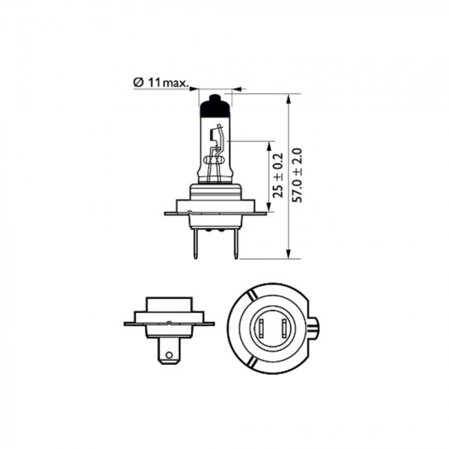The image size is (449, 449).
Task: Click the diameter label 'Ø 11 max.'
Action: click(161, 83)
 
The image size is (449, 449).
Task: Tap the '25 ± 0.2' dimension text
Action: click(278, 175)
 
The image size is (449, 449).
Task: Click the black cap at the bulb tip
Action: click(216, 106)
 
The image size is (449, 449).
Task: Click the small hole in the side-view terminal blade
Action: click(168, 352)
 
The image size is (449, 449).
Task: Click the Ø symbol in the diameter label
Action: click(137, 83)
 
